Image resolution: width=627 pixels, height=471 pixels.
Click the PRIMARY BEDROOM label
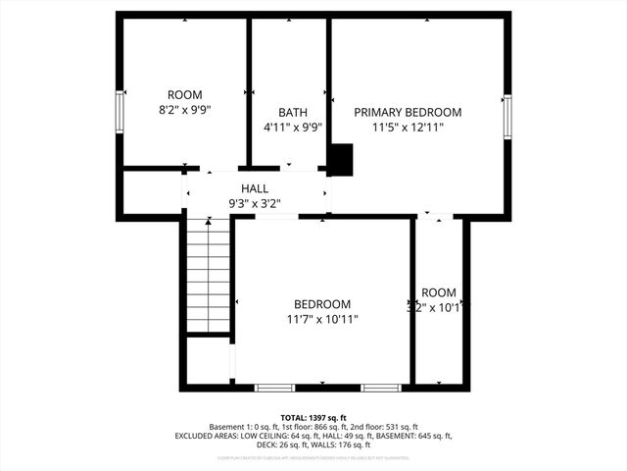408,113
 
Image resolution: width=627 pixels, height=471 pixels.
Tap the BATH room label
292,113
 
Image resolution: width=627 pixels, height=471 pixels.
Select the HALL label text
255,188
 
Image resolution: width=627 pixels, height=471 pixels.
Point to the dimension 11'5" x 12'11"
408,128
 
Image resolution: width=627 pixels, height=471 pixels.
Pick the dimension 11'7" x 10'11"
322,319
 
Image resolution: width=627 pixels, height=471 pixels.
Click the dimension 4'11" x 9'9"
292,128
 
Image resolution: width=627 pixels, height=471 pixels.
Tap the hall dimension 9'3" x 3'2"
255,204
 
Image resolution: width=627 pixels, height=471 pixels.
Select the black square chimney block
340,160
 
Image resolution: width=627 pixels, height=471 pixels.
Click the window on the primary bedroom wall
506,116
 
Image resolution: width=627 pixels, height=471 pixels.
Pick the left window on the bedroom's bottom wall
274,388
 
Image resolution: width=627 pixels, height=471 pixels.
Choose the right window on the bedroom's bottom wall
380,388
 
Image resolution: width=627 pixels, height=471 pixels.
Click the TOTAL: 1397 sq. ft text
313,417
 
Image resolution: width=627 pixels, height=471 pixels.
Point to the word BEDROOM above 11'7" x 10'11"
322,304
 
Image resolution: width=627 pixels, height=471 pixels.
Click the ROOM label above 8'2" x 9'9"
184,95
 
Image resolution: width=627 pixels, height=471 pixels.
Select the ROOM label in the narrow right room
439,292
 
